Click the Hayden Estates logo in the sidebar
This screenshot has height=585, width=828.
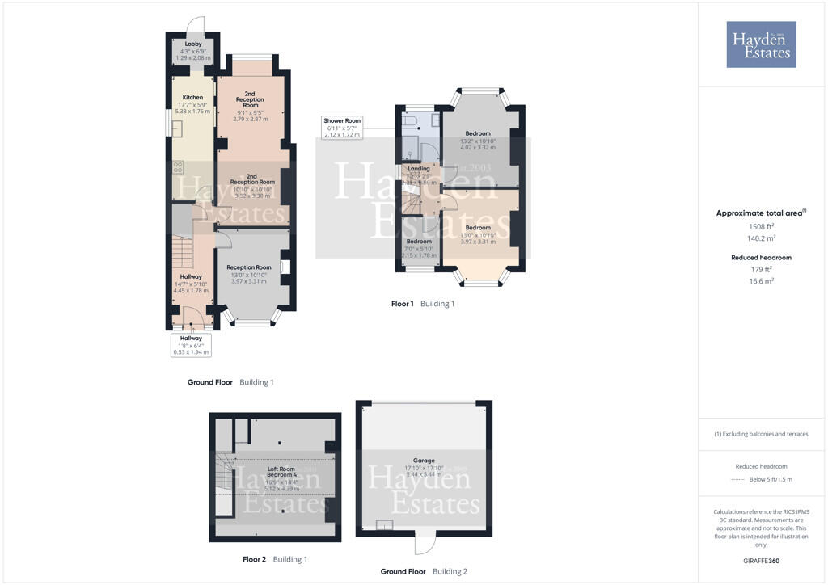click(x=761, y=44)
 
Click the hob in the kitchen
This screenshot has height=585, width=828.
click(x=178, y=168)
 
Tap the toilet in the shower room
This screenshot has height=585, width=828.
click(x=412, y=121)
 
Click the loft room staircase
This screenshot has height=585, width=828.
click(x=225, y=473)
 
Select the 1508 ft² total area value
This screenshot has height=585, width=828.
click(x=761, y=227)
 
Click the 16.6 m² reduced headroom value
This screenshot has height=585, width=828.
click(x=761, y=280)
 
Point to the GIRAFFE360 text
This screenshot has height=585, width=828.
click(x=763, y=561)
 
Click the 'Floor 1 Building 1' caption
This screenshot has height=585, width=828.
click(x=423, y=304)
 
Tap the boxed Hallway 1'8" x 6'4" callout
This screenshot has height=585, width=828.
click(x=191, y=345)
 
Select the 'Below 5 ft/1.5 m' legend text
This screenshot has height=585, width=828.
click(x=770, y=479)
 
